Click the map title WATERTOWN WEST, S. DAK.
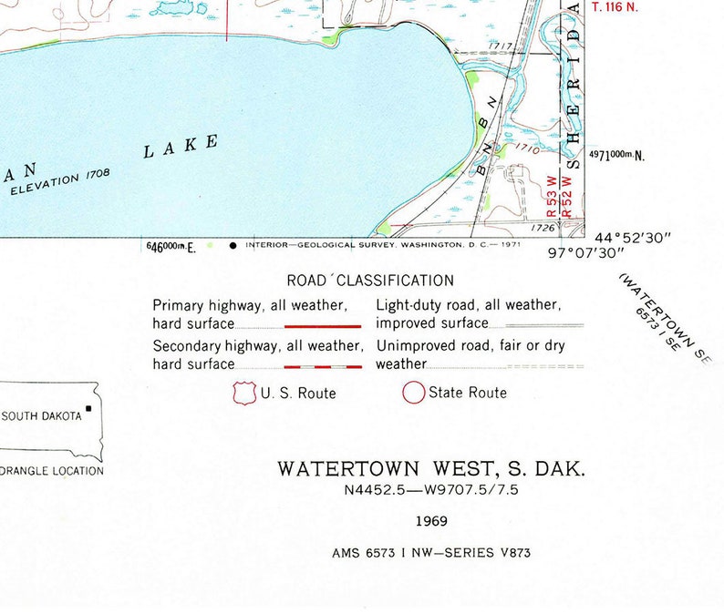(431, 470)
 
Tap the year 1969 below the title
(430, 522)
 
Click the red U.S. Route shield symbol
(243, 393)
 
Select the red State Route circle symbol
(414, 393)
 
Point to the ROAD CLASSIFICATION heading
(369, 281)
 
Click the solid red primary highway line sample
(323, 325)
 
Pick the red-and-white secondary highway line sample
(323, 366)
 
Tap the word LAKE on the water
(181, 146)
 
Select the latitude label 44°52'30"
(633, 238)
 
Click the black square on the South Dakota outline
(88, 408)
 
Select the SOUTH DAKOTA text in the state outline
(42, 416)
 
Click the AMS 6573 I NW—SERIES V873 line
(430, 552)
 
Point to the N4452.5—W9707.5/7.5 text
(430, 491)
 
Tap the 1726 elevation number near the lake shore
(543, 228)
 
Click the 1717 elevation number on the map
(500, 46)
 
